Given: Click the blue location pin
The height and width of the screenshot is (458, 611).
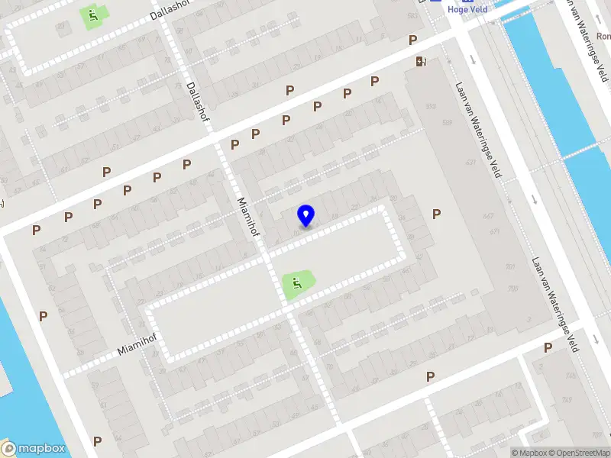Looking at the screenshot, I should pyautogui.click(x=306, y=215).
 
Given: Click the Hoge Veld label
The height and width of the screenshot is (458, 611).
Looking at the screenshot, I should pyautogui.click(x=468, y=10).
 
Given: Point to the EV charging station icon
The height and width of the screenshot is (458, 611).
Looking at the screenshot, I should pyautogui.click(x=419, y=62).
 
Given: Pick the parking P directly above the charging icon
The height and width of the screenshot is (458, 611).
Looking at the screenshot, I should pyautogui.click(x=412, y=40).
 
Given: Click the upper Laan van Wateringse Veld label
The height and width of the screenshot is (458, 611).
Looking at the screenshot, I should pyautogui.click(x=478, y=130).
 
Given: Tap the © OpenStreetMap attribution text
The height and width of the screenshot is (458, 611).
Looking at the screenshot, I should pyautogui.click(x=577, y=453).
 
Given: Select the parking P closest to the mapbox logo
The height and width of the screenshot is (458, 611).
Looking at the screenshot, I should pyautogui.click(x=97, y=441).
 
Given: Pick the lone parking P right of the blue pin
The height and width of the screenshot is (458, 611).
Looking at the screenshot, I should pyautogui.click(x=436, y=214).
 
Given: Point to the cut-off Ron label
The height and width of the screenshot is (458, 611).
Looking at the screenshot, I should pyautogui.click(x=603, y=35).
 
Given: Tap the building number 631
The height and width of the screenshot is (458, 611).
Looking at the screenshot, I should pyautogui.click(x=470, y=162).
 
